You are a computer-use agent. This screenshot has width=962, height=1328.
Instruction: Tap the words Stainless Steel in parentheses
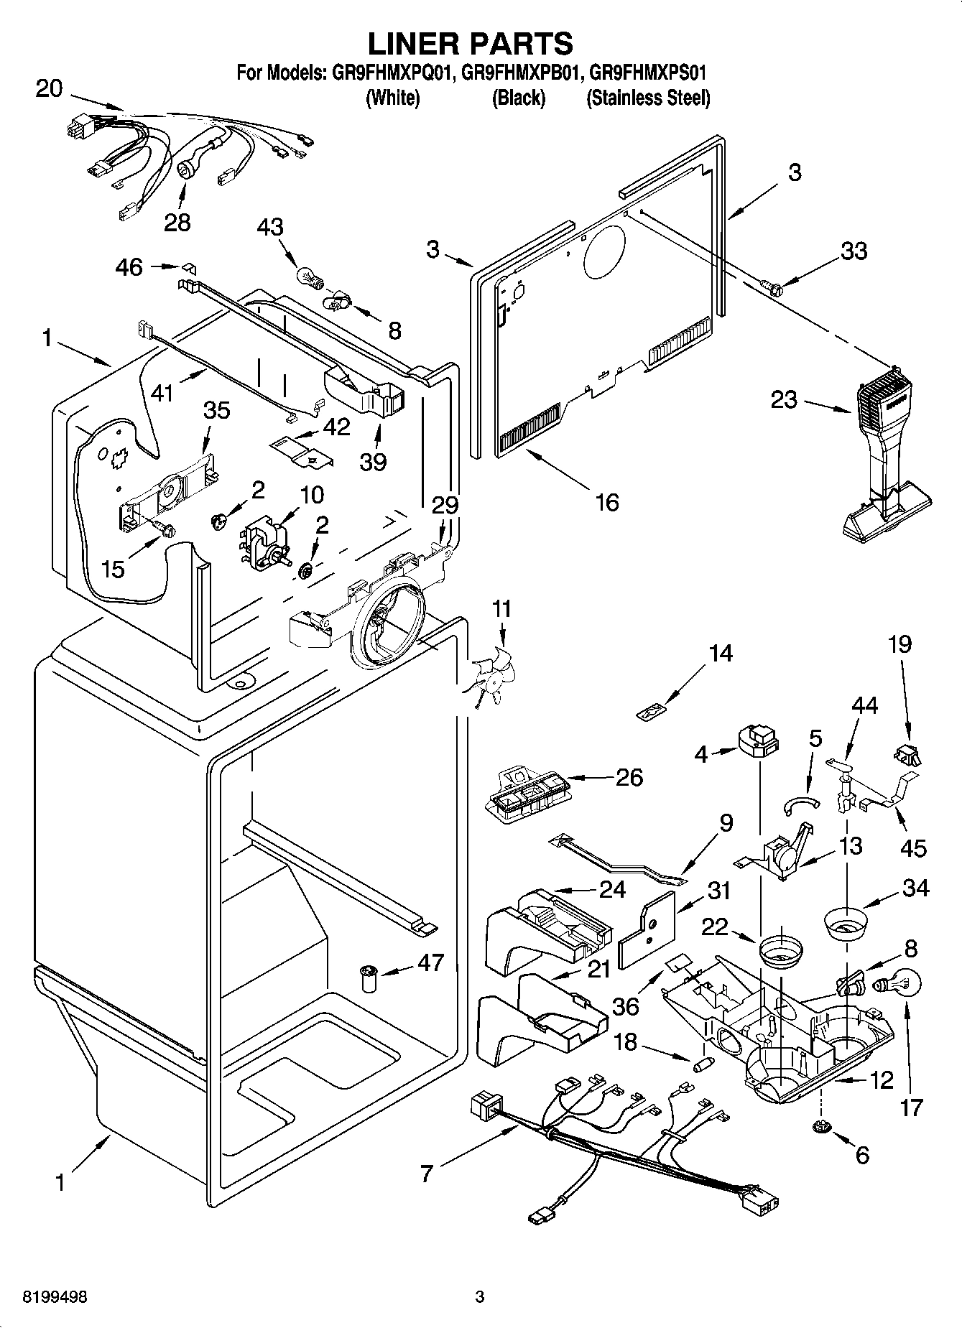tap(648, 98)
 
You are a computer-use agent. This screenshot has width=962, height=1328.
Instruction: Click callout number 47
tap(430, 962)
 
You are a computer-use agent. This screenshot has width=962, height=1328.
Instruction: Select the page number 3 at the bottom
tap(480, 1297)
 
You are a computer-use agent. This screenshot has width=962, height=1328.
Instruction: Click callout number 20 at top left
tap(49, 89)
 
